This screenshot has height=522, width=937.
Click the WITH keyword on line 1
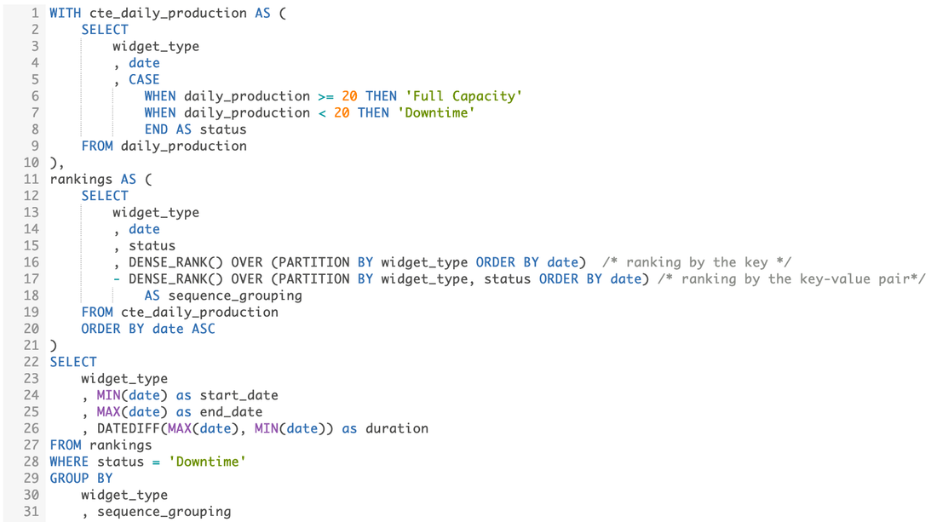[66, 13]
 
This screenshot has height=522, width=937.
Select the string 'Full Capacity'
[463, 96]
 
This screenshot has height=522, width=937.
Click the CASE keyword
[144, 79]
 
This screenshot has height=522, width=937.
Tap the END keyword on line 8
[156, 129]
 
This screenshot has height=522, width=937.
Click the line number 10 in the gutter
[31, 163]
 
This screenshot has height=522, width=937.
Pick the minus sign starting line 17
[116, 279]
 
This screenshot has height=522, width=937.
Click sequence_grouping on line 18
[235, 295]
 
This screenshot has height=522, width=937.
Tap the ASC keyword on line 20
[203, 329]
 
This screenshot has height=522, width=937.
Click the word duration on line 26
[396, 428]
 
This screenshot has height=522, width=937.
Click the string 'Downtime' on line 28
[207, 462]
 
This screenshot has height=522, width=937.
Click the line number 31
[31, 512]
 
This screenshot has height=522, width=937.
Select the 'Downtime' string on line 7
[435, 112]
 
